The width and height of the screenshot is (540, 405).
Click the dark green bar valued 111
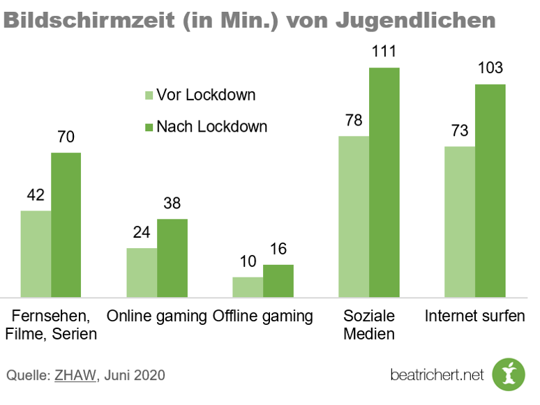pyautogui.click(x=384, y=181)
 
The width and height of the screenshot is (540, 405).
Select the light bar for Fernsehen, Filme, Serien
pyautogui.click(x=36, y=253)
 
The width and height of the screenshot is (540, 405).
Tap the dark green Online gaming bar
pyautogui.click(x=172, y=257)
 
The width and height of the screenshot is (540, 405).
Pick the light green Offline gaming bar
pyautogui.click(x=248, y=286)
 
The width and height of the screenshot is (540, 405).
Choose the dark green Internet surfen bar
pyautogui.click(x=490, y=190)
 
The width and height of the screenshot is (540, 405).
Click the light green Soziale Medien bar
pyautogui.click(x=354, y=216)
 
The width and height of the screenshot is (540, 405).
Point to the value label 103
pyautogui.click(x=490, y=68)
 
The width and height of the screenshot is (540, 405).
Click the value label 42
pyautogui.click(x=36, y=195)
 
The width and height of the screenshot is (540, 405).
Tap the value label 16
pyautogui.click(x=278, y=250)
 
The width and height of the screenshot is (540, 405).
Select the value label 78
pyautogui.click(x=354, y=121)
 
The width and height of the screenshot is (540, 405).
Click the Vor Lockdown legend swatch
pyautogui.click(x=147, y=95)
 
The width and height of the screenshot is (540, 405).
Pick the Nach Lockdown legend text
pyautogui.click(x=211, y=127)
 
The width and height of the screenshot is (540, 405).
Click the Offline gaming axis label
pyautogui.click(x=262, y=316)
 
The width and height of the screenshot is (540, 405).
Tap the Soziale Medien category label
pyautogui.click(x=369, y=325)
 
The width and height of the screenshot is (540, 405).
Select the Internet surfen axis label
pyautogui.click(x=474, y=316)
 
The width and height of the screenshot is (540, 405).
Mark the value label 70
pyautogui.click(x=66, y=137)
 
